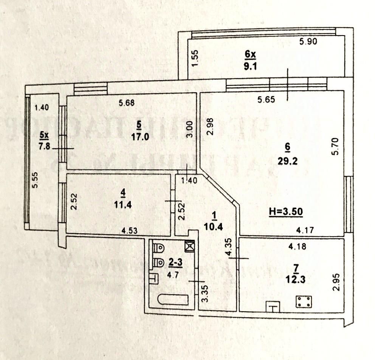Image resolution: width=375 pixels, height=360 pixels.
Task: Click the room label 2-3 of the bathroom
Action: (175, 262)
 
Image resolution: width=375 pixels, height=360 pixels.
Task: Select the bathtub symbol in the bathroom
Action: (173, 300)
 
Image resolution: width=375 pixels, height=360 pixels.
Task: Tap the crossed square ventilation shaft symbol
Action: (189, 246)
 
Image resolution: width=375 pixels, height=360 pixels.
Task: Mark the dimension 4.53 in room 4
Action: (129, 229)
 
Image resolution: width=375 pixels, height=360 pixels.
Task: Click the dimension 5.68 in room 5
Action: (127, 102)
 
